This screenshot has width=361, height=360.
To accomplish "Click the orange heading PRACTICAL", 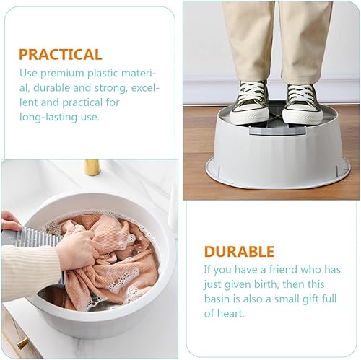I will click(61, 54).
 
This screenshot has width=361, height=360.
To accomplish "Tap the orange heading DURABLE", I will click(239, 252).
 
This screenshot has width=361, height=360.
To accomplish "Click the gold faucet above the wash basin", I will click(92, 167).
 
